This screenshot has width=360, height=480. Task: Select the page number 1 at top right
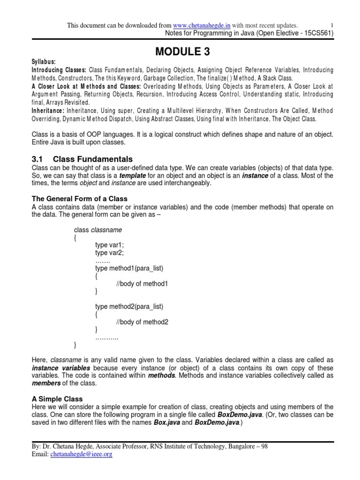click(332, 25)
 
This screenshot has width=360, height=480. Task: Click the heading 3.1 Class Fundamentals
click(82, 159)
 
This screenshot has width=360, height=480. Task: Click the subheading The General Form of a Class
click(79, 199)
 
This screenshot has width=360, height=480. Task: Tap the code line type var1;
click(109, 245)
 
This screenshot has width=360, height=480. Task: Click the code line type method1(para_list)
click(129, 268)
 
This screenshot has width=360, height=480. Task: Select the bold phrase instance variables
click(60, 368)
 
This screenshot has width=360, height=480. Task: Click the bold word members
click(46, 383)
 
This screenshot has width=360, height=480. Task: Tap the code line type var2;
click(109, 253)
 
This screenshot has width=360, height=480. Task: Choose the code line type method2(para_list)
click(129, 307)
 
